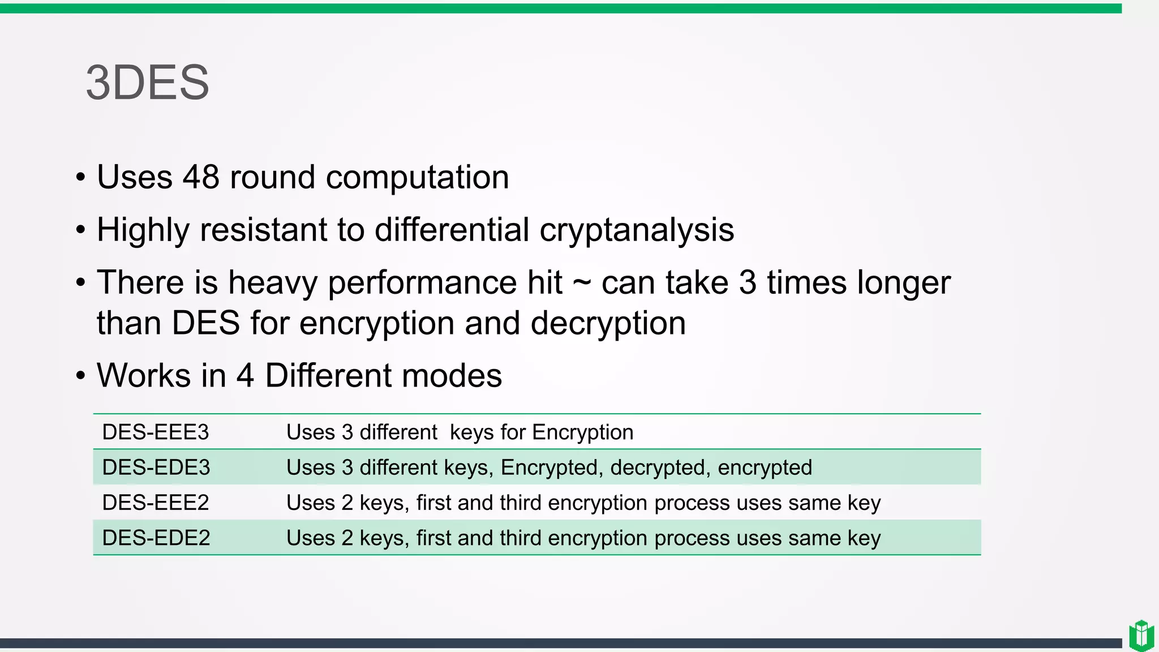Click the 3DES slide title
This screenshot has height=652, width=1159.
tap(148, 83)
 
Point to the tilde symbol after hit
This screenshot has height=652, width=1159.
tap(582, 281)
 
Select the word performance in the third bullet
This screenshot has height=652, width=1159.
tap(422, 282)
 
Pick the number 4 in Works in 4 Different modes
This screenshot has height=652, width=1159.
tap(244, 376)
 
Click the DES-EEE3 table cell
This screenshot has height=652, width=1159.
tap(156, 432)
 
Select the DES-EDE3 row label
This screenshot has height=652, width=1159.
tap(156, 467)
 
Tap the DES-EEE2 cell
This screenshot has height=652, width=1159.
tap(156, 503)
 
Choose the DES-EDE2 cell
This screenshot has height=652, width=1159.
tap(156, 538)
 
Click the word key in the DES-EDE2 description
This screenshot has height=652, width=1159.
tap(864, 538)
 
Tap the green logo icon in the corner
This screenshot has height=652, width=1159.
tap(1141, 635)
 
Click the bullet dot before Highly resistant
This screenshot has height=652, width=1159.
tap(80, 230)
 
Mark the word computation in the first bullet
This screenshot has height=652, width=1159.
tap(417, 177)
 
